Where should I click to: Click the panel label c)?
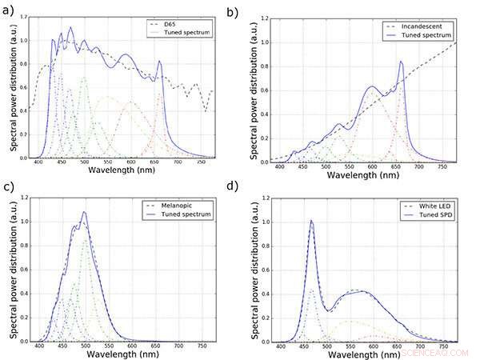[8, 189]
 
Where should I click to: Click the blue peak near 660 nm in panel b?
[401, 62]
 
